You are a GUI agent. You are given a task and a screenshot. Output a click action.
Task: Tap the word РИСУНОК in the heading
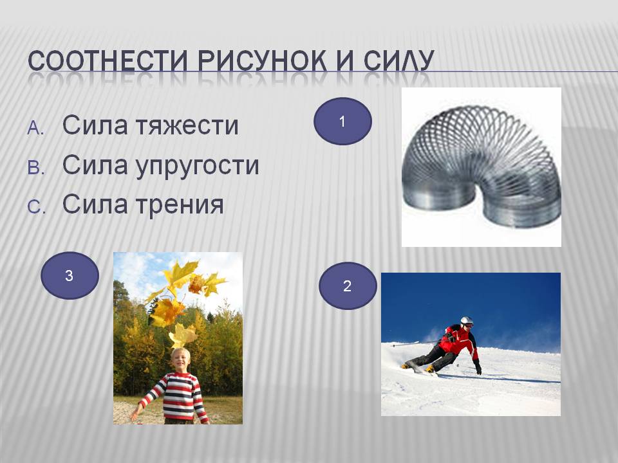262,61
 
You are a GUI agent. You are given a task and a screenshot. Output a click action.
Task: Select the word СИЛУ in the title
398,61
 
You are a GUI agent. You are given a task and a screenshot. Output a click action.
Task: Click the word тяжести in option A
187,125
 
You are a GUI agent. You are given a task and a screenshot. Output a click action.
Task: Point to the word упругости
198,166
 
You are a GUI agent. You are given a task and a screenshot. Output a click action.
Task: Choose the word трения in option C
180,205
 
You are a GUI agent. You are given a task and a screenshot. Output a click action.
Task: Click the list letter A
35,128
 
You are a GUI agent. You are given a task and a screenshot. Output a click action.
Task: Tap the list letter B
36,168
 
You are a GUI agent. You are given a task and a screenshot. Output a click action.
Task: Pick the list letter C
36,207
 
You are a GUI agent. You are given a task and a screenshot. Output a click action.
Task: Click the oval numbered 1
342,122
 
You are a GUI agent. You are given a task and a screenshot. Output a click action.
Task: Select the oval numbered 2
347,286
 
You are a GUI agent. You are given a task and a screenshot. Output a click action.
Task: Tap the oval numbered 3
70,276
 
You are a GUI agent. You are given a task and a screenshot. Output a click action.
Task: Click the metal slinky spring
481,165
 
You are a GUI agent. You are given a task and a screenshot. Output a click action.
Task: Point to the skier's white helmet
467,322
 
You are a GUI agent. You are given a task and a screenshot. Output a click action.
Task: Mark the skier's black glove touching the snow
478,368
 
